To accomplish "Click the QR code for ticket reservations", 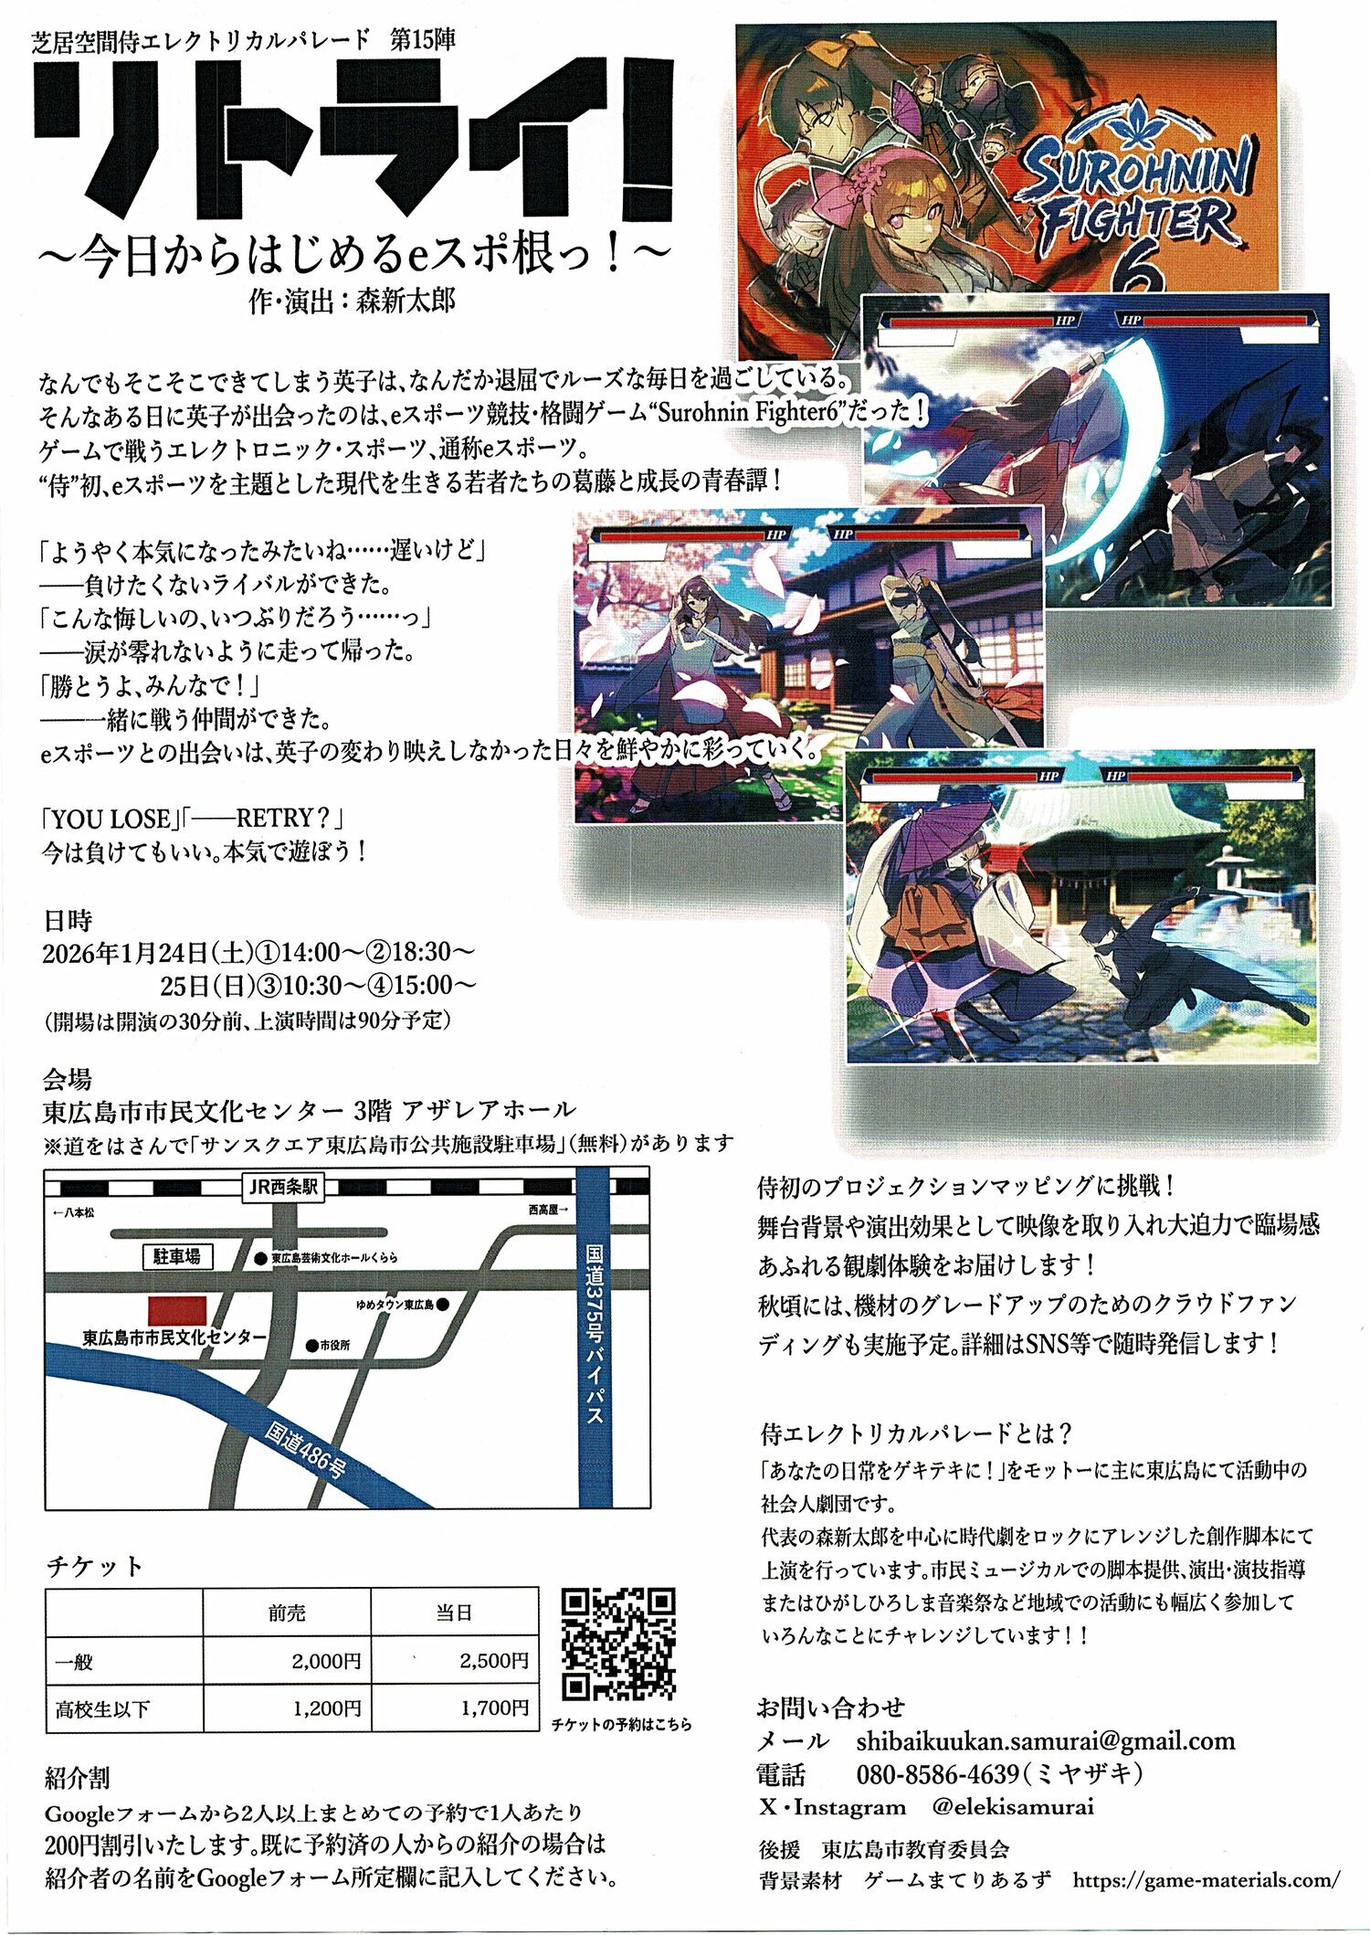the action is tap(618, 1643).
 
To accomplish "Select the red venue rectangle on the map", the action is tap(177, 1309).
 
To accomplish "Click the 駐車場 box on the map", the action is tap(177, 1257).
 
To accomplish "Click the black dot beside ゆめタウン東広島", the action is tap(442, 1305).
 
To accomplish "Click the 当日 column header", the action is tap(454, 1613).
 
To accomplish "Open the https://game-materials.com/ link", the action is tap(1207, 1880).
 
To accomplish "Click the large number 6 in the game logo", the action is tap(1135, 271).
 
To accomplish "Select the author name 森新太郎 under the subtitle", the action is tap(406, 301).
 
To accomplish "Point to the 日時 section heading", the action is tap(68, 919).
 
